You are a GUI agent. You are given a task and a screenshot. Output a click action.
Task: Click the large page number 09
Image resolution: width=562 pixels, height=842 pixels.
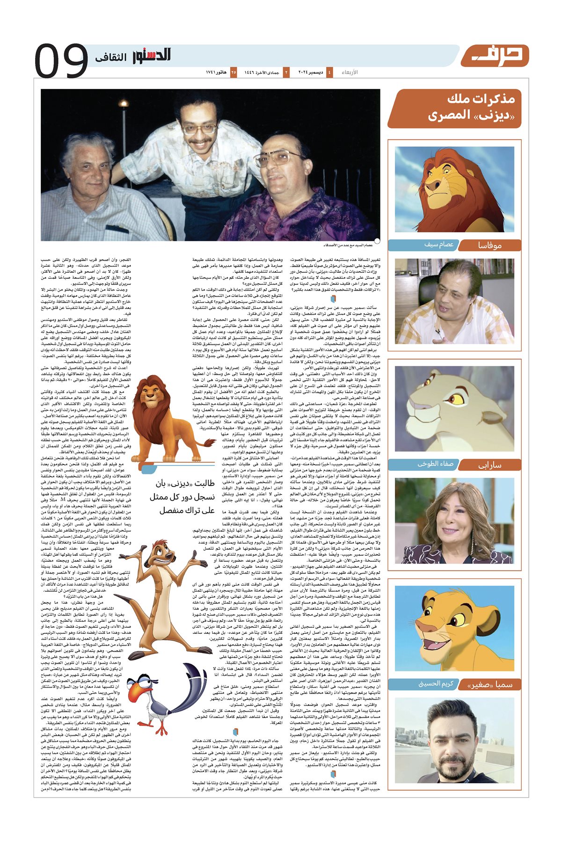pos(61,60)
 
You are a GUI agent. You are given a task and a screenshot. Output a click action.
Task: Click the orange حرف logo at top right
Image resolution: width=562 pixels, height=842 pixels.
pos(495,56)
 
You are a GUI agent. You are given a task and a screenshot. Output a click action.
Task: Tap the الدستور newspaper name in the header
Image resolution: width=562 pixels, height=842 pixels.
pos(151,56)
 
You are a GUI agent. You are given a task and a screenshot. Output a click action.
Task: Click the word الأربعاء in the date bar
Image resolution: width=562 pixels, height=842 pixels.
pos(349,73)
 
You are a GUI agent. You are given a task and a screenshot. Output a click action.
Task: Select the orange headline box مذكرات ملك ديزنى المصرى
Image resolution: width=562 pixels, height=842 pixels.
pos(455,108)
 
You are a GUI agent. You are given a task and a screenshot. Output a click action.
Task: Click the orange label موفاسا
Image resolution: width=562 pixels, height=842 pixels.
pos(489,245)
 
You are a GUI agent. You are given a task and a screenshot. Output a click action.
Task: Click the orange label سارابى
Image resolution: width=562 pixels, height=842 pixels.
pos(489,465)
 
